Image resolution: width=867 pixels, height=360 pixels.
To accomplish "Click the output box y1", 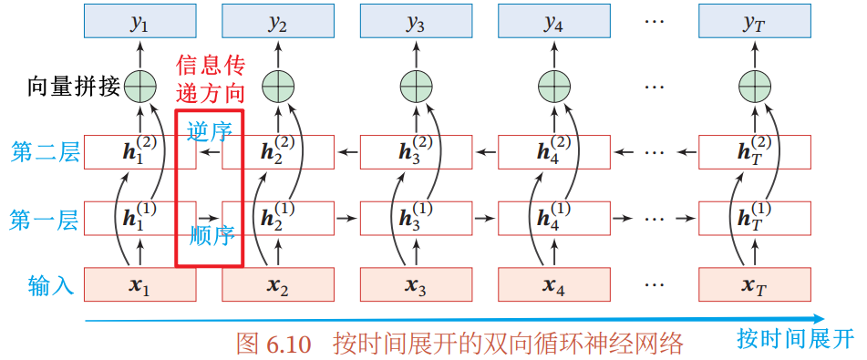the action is [x=139, y=20].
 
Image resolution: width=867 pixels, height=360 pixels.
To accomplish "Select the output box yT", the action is [x=755, y=20].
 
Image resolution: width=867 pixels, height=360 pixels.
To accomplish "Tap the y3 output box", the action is [x=417, y=20].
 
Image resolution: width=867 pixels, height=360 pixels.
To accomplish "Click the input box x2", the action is [x=278, y=284].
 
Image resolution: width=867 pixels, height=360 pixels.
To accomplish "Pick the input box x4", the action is [x=554, y=284].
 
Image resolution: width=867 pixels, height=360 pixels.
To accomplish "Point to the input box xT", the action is [x=755, y=284].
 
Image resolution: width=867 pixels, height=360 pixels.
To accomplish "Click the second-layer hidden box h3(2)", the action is [x=417, y=151].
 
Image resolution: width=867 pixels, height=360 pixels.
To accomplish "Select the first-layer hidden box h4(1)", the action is [x=554, y=218].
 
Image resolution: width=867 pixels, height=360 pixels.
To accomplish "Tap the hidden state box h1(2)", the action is [x=139, y=151].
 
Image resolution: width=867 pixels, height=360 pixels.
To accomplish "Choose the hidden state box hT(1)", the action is [x=755, y=218].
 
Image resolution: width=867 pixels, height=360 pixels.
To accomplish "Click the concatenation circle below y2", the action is [x=278, y=87].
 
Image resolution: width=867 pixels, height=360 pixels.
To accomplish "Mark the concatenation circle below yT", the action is [x=755, y=87].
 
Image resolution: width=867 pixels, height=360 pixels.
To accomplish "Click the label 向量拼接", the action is [x=74, y=87].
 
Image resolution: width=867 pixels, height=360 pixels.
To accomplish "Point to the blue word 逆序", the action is [x=210, y=131].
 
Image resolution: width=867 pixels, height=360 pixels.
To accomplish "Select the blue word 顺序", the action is [x=212, y=236].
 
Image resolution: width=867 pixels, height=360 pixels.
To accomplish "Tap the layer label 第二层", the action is [x=45, y=153].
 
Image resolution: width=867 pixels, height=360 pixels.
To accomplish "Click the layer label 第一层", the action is [x=45, y=220].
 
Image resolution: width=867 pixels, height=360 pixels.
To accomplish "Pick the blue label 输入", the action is [x=51, y=284].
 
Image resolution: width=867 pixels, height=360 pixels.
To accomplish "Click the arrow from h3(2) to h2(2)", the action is [x=347, y=151].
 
